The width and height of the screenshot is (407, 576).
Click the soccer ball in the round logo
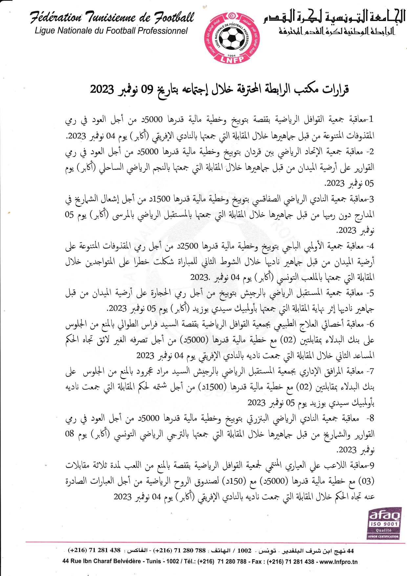click(x=231, y=38)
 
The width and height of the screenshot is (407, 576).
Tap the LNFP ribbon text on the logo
click(x=232, y=59)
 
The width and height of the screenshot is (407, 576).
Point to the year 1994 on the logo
click(x=232, y=55)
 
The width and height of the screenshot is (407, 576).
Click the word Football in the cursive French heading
click(x=174, y=17)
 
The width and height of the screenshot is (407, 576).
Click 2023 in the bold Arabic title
click(x=102, y=89)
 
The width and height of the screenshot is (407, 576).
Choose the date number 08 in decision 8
click(x=70, y=434)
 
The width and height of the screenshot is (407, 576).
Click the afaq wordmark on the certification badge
click(x=384, y=515)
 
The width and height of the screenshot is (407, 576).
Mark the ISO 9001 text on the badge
click(x=384, y=524)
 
